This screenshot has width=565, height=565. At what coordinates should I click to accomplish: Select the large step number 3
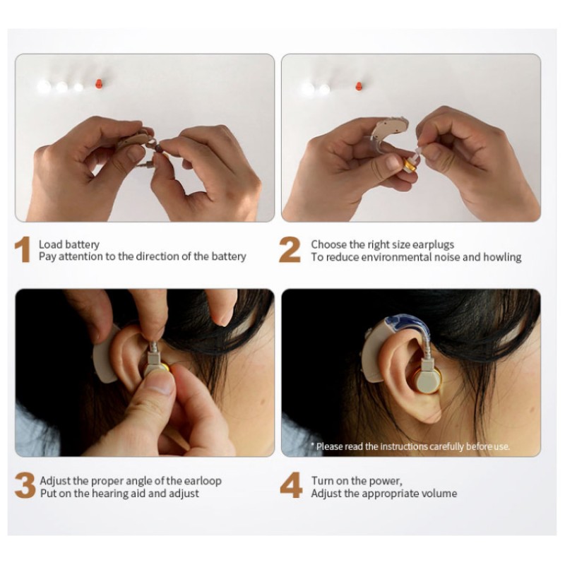pyautogui.click(x=25, y=487)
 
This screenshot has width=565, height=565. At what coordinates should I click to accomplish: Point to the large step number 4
pyautogui.click(x=291, y=487)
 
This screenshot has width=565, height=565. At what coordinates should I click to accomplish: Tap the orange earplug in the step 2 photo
pyautogui.click(x=359, y=88)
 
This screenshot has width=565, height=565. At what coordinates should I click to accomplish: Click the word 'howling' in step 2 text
pyautogui.click(x=502, y=257)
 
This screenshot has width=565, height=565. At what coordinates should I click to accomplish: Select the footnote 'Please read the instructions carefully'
pyautogui.click(x=413, y=446)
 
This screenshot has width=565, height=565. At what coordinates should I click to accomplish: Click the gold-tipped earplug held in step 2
pyautogui.click(x=410, y=165)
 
